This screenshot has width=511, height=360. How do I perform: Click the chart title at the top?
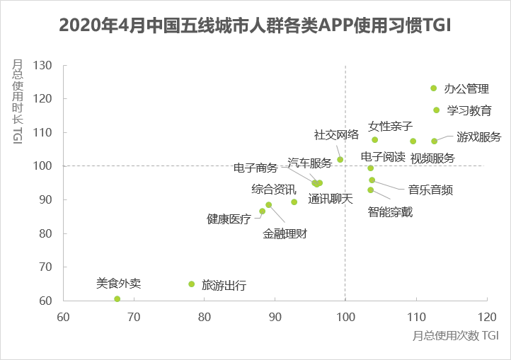click(255, 26)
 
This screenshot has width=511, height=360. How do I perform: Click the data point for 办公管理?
click(434, 88)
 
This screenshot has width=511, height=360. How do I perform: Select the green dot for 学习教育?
click(436, 110)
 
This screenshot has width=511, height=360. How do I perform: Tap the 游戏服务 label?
click(478, 137)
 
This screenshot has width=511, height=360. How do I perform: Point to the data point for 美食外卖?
click(117, 299)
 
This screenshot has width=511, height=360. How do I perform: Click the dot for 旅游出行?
click(191, 284)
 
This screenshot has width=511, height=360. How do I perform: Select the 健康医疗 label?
click(229, 219)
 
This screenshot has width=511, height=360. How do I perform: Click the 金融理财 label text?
click(285, 233)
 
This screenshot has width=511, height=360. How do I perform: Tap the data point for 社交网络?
click(340, 160)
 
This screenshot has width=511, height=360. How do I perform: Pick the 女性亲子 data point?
click(375, 140)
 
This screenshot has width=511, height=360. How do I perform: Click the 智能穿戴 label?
click(390, 211)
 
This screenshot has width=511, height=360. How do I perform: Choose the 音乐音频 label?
click(430, 190)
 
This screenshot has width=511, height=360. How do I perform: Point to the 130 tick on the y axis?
click(43, 65)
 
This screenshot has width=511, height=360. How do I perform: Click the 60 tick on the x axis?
click(64, 315)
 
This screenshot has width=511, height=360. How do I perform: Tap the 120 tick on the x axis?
click(486, 315)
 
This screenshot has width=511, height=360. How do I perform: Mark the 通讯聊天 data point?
click(294, 202)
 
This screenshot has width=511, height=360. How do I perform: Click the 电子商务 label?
click(255, 168)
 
